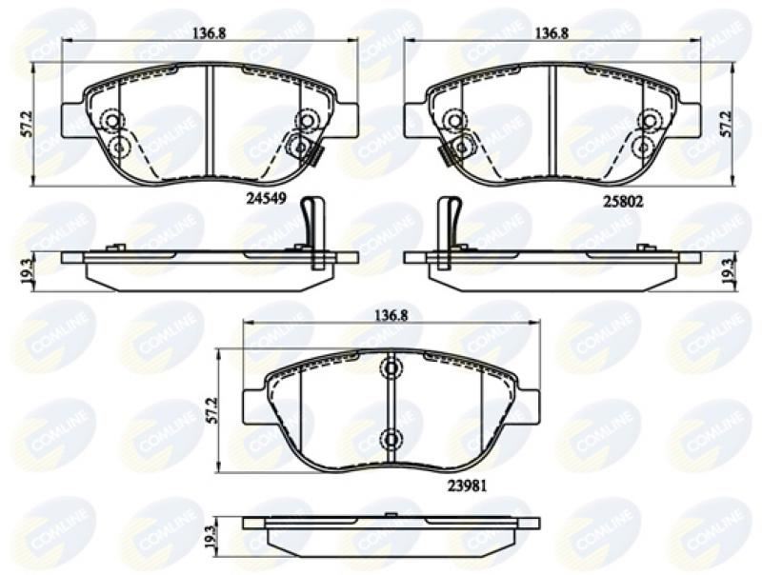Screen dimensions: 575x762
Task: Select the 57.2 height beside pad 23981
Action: [x=215, y=409]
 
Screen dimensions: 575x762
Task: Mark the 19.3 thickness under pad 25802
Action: [x=728, y=270]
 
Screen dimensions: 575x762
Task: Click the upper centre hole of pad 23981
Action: [x=391, y=368]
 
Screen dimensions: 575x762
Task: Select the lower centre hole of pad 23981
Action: [x=391, y=439]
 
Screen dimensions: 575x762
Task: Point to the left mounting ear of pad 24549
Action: [x=73, y=121]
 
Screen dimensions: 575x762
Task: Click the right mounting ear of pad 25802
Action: [x=690, y=121]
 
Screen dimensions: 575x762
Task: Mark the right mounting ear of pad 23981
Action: [x=526, y=407]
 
